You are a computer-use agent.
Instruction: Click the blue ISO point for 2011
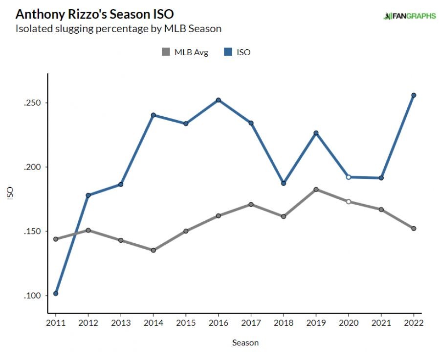(56, 294)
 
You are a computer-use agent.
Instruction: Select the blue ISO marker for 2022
(414, 95)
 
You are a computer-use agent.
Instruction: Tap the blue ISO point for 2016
(219, 100)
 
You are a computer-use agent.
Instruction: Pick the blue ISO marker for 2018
(284, 183)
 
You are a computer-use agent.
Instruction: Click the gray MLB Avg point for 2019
(316, 190)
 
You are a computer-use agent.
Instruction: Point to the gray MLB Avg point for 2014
(153, 250)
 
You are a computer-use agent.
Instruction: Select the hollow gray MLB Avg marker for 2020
(349, 201)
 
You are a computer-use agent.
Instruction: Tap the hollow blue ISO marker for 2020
(349, 177)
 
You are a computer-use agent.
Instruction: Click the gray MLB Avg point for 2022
(414, 229)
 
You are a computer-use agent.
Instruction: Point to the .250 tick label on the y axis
(33, 103)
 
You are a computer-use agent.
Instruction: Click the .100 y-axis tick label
(33, 296)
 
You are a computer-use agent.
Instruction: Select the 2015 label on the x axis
(186, 323)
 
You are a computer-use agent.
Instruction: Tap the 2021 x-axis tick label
(381, 323)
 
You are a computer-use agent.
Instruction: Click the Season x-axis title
(245, 342)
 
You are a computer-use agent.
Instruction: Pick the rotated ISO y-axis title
(10, 193)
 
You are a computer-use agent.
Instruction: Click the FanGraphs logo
(410, 16)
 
